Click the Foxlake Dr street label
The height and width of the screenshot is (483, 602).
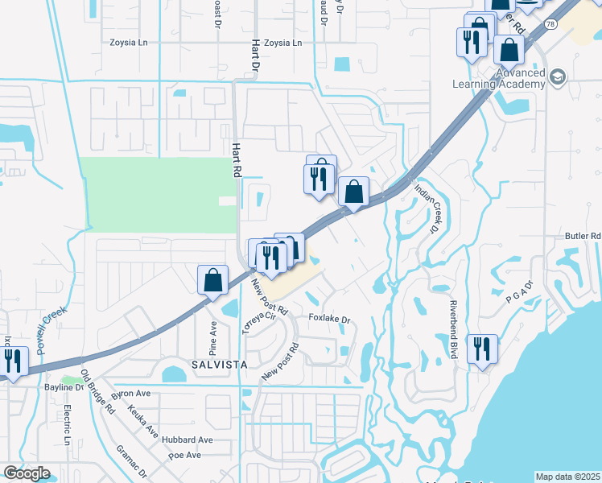(x=331, y=320)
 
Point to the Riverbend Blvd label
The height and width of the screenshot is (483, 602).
(x=454, y=324)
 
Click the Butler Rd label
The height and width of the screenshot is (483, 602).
(x=583, y=236)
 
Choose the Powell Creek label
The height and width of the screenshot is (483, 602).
(x=52, y=330)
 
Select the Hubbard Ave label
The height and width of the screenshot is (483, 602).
(x=190, y=440)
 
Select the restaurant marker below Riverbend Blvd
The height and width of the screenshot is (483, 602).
(x=482, y=349)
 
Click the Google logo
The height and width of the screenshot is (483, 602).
(x=27, y=473)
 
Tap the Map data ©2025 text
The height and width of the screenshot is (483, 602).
(x=567, y=477)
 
